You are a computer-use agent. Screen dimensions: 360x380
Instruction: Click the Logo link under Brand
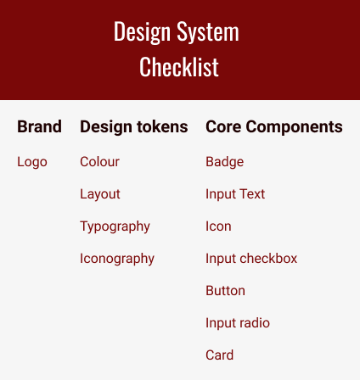coord(32,162)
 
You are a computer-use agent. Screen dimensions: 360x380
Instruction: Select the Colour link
coord(99,162)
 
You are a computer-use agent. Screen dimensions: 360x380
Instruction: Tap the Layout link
coord(100,194)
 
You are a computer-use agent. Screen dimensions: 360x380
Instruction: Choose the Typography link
coord(115,226)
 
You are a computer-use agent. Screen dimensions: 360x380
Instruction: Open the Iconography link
coord(117,259)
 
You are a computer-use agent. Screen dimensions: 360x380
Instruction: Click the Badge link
coord(225,162)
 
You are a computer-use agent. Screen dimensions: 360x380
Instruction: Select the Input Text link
coord(235,194)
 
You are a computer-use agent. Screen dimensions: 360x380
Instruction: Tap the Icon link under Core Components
coord(218,226)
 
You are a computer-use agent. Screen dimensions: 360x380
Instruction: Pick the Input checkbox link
coord(251,259)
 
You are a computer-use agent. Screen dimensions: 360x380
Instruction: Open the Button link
coord(225,291)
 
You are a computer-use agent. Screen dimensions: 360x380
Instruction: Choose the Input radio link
coord(238,323)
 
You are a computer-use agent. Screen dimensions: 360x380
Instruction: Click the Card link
coord(220,355)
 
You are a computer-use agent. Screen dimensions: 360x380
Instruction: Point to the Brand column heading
coord(39,126)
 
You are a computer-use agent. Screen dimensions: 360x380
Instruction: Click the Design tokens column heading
coord(134,127)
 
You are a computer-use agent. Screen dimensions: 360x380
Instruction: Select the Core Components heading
coord(274,127)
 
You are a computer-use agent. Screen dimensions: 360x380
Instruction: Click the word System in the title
coord(208,32)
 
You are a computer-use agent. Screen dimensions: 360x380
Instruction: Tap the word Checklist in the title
coord(179,66)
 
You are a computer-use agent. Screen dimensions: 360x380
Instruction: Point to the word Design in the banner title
coord(142,32)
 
